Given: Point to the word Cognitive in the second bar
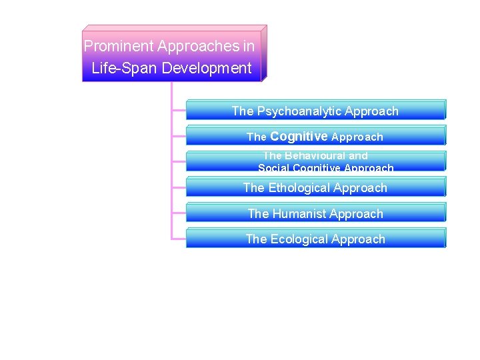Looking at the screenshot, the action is tap(299, 137).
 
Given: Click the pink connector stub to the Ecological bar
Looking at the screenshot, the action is tap(179, 237).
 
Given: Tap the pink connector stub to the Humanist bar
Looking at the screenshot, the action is tap(179, 212).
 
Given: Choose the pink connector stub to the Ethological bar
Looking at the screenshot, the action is tap(179, 186).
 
